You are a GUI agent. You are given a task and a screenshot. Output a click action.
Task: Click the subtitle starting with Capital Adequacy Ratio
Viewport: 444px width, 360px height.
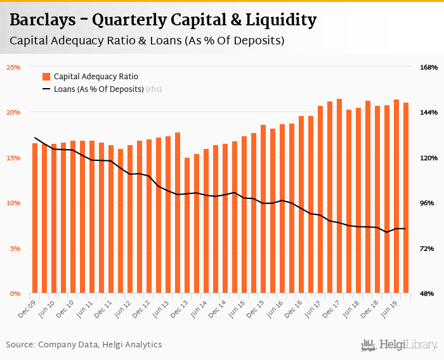tap(147, 41)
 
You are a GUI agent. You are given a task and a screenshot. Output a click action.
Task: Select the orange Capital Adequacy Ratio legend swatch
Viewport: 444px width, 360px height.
tap(46, 77)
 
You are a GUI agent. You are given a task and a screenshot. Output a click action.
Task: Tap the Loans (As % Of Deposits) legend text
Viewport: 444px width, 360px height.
tap(98, 89)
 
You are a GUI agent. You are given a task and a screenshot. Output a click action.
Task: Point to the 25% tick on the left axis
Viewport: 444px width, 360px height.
tap(13, 67)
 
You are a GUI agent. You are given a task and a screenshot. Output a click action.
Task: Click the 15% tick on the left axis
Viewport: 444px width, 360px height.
tap(13, 158)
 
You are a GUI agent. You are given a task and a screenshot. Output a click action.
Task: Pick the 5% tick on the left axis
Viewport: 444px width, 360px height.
tap(15, 248)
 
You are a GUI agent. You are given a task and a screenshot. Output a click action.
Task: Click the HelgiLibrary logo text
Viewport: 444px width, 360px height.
tap(410, 345)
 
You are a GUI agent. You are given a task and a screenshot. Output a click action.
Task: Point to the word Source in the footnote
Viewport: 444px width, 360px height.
tap(20, 345)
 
